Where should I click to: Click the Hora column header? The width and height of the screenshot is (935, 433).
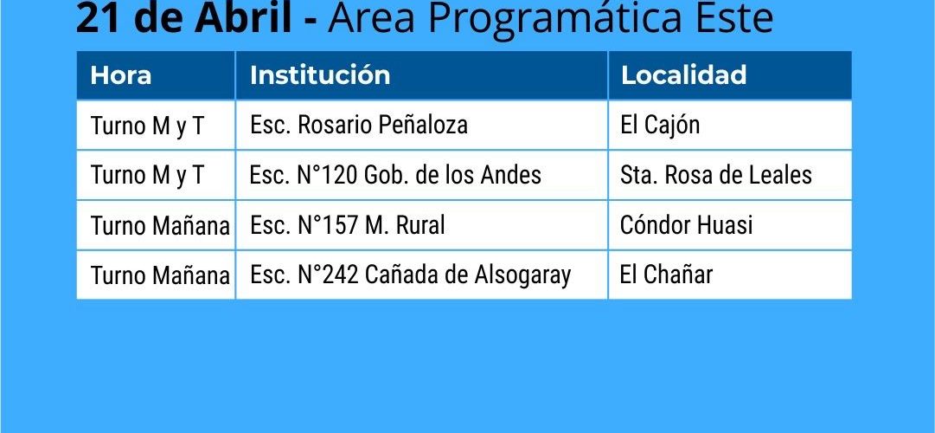tap(120, 75)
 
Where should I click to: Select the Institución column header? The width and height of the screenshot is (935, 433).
tap(320, 75)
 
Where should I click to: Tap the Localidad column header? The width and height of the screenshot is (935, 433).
tap(683, 75)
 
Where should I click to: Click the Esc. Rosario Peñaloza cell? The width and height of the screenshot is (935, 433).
tap(358, 125)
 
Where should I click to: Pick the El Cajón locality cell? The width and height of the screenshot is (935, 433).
tap(660, 126)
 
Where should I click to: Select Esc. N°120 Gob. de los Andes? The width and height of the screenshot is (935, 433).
tap(395, 175)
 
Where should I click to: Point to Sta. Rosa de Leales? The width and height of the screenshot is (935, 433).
tap(716, 175)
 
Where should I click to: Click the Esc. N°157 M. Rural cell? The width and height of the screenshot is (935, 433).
tap(347, 225)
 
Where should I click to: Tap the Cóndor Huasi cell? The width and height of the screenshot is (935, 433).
tap(687, 225)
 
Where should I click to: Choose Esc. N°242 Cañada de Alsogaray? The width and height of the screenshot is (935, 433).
tap(410, 275)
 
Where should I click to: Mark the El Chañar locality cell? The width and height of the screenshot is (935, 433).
tap(667, 275)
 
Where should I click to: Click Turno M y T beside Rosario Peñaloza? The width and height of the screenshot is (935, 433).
tap(147, 126)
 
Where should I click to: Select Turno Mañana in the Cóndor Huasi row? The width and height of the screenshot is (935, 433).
tap(160, 226)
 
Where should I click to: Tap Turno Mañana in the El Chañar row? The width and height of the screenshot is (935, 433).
tap(160, 275)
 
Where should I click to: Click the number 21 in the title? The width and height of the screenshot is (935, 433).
tap(95, 18)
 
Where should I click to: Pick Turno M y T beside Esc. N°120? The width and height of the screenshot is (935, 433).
tap(147, 176)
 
